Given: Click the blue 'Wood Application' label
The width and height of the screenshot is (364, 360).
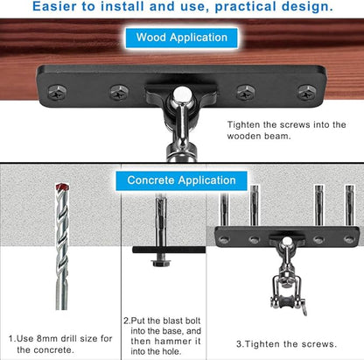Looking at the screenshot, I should (181, 38).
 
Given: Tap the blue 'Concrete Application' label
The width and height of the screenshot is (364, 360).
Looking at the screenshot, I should (181, 180).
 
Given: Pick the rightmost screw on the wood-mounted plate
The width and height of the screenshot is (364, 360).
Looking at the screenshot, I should (305, 92).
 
